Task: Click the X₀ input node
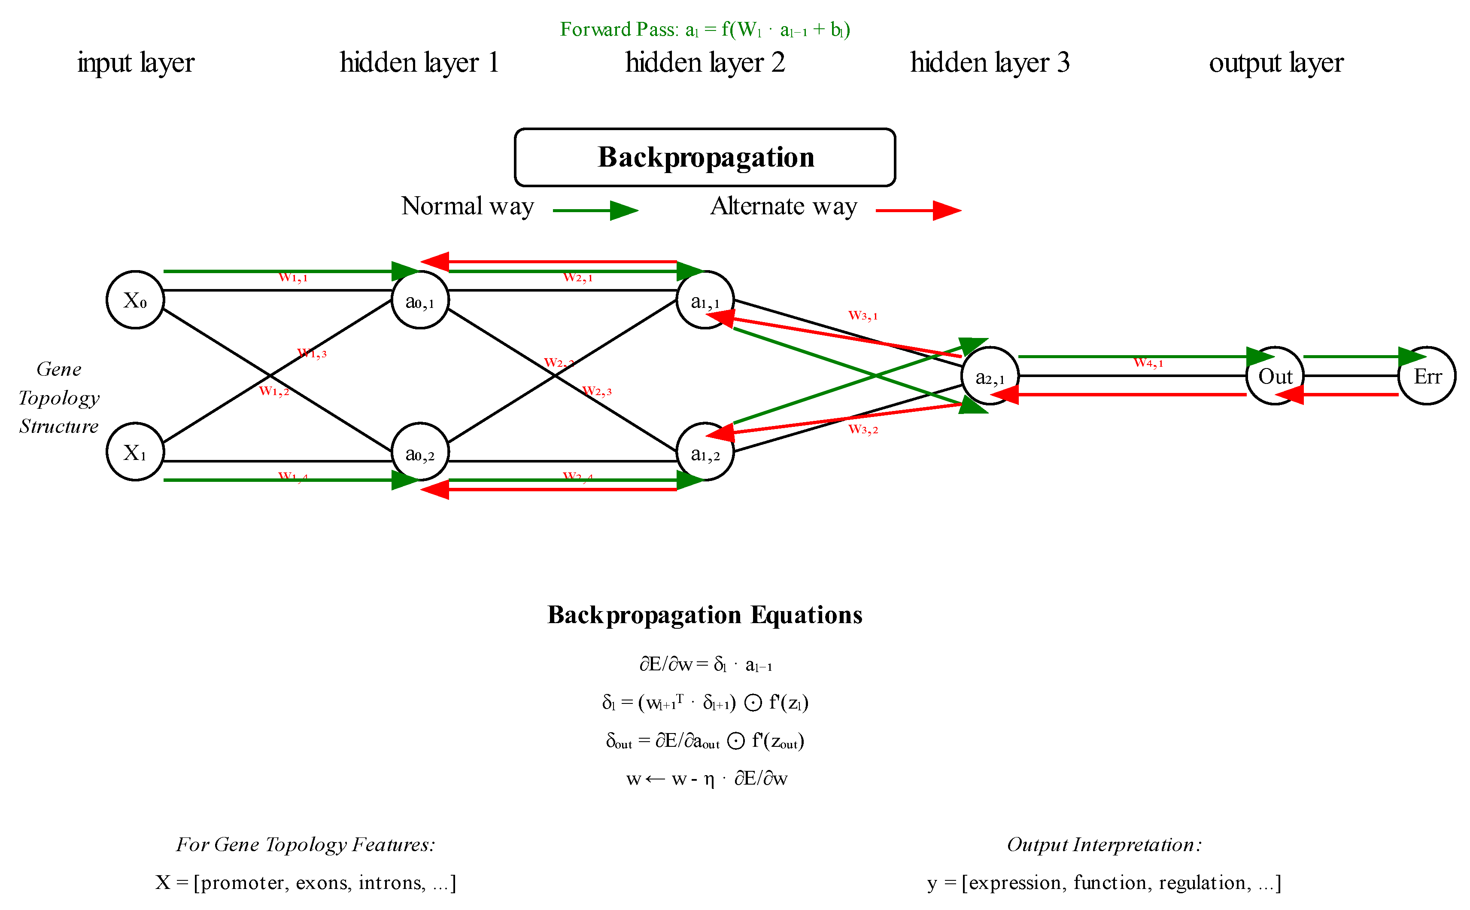click(x=135, y=300)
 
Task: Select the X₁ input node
click(x=135, y=451)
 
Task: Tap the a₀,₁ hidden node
click(x=420, y=300)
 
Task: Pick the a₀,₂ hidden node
click(x=420, y=451)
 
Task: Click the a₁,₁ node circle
click(x=705, y=300)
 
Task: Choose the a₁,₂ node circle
click(x=705, y=451)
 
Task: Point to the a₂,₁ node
click(x=990, y=376)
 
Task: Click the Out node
click(x=1274, y=376)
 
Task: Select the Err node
click(x=1427, y=376)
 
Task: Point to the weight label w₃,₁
click(x=863, y=315)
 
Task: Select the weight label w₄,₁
click(x=1148, y=363)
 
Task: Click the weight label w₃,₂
click(x=863, y=429)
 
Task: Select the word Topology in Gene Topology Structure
click(x=58, y=398)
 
